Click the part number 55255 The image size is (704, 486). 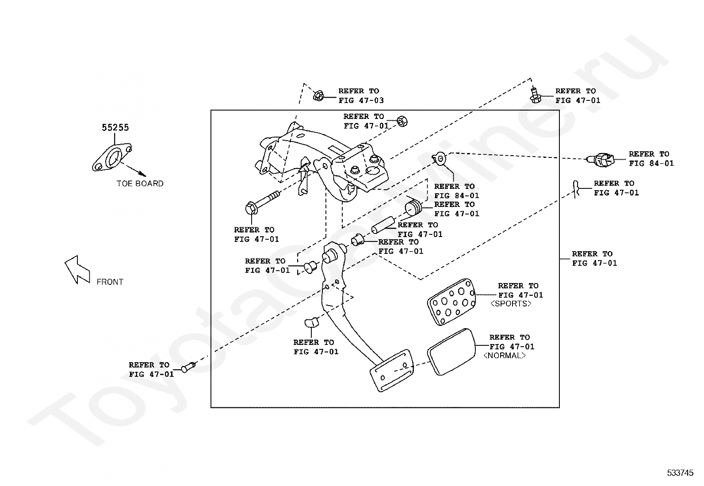click(115, 127)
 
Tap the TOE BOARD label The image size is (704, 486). click(140, 184)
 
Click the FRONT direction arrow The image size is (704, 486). click(77, 269)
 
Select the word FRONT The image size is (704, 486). click(110, 282)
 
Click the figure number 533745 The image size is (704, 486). click(680, 473)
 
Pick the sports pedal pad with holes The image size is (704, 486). click(451, 302)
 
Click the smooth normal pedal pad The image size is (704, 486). click(451, 352)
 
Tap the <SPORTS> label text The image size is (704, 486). click(511, 304)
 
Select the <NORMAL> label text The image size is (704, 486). click(504, 356)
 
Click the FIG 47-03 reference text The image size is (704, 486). click(361, 100)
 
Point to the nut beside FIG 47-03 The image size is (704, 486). click(318, 95)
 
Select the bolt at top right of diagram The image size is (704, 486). click(535, 95)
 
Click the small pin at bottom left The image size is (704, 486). click(188, 367)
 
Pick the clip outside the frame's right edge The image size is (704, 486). click(576, 189)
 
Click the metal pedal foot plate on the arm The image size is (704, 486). click(391, 370)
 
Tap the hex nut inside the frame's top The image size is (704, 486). click(402, 121)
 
